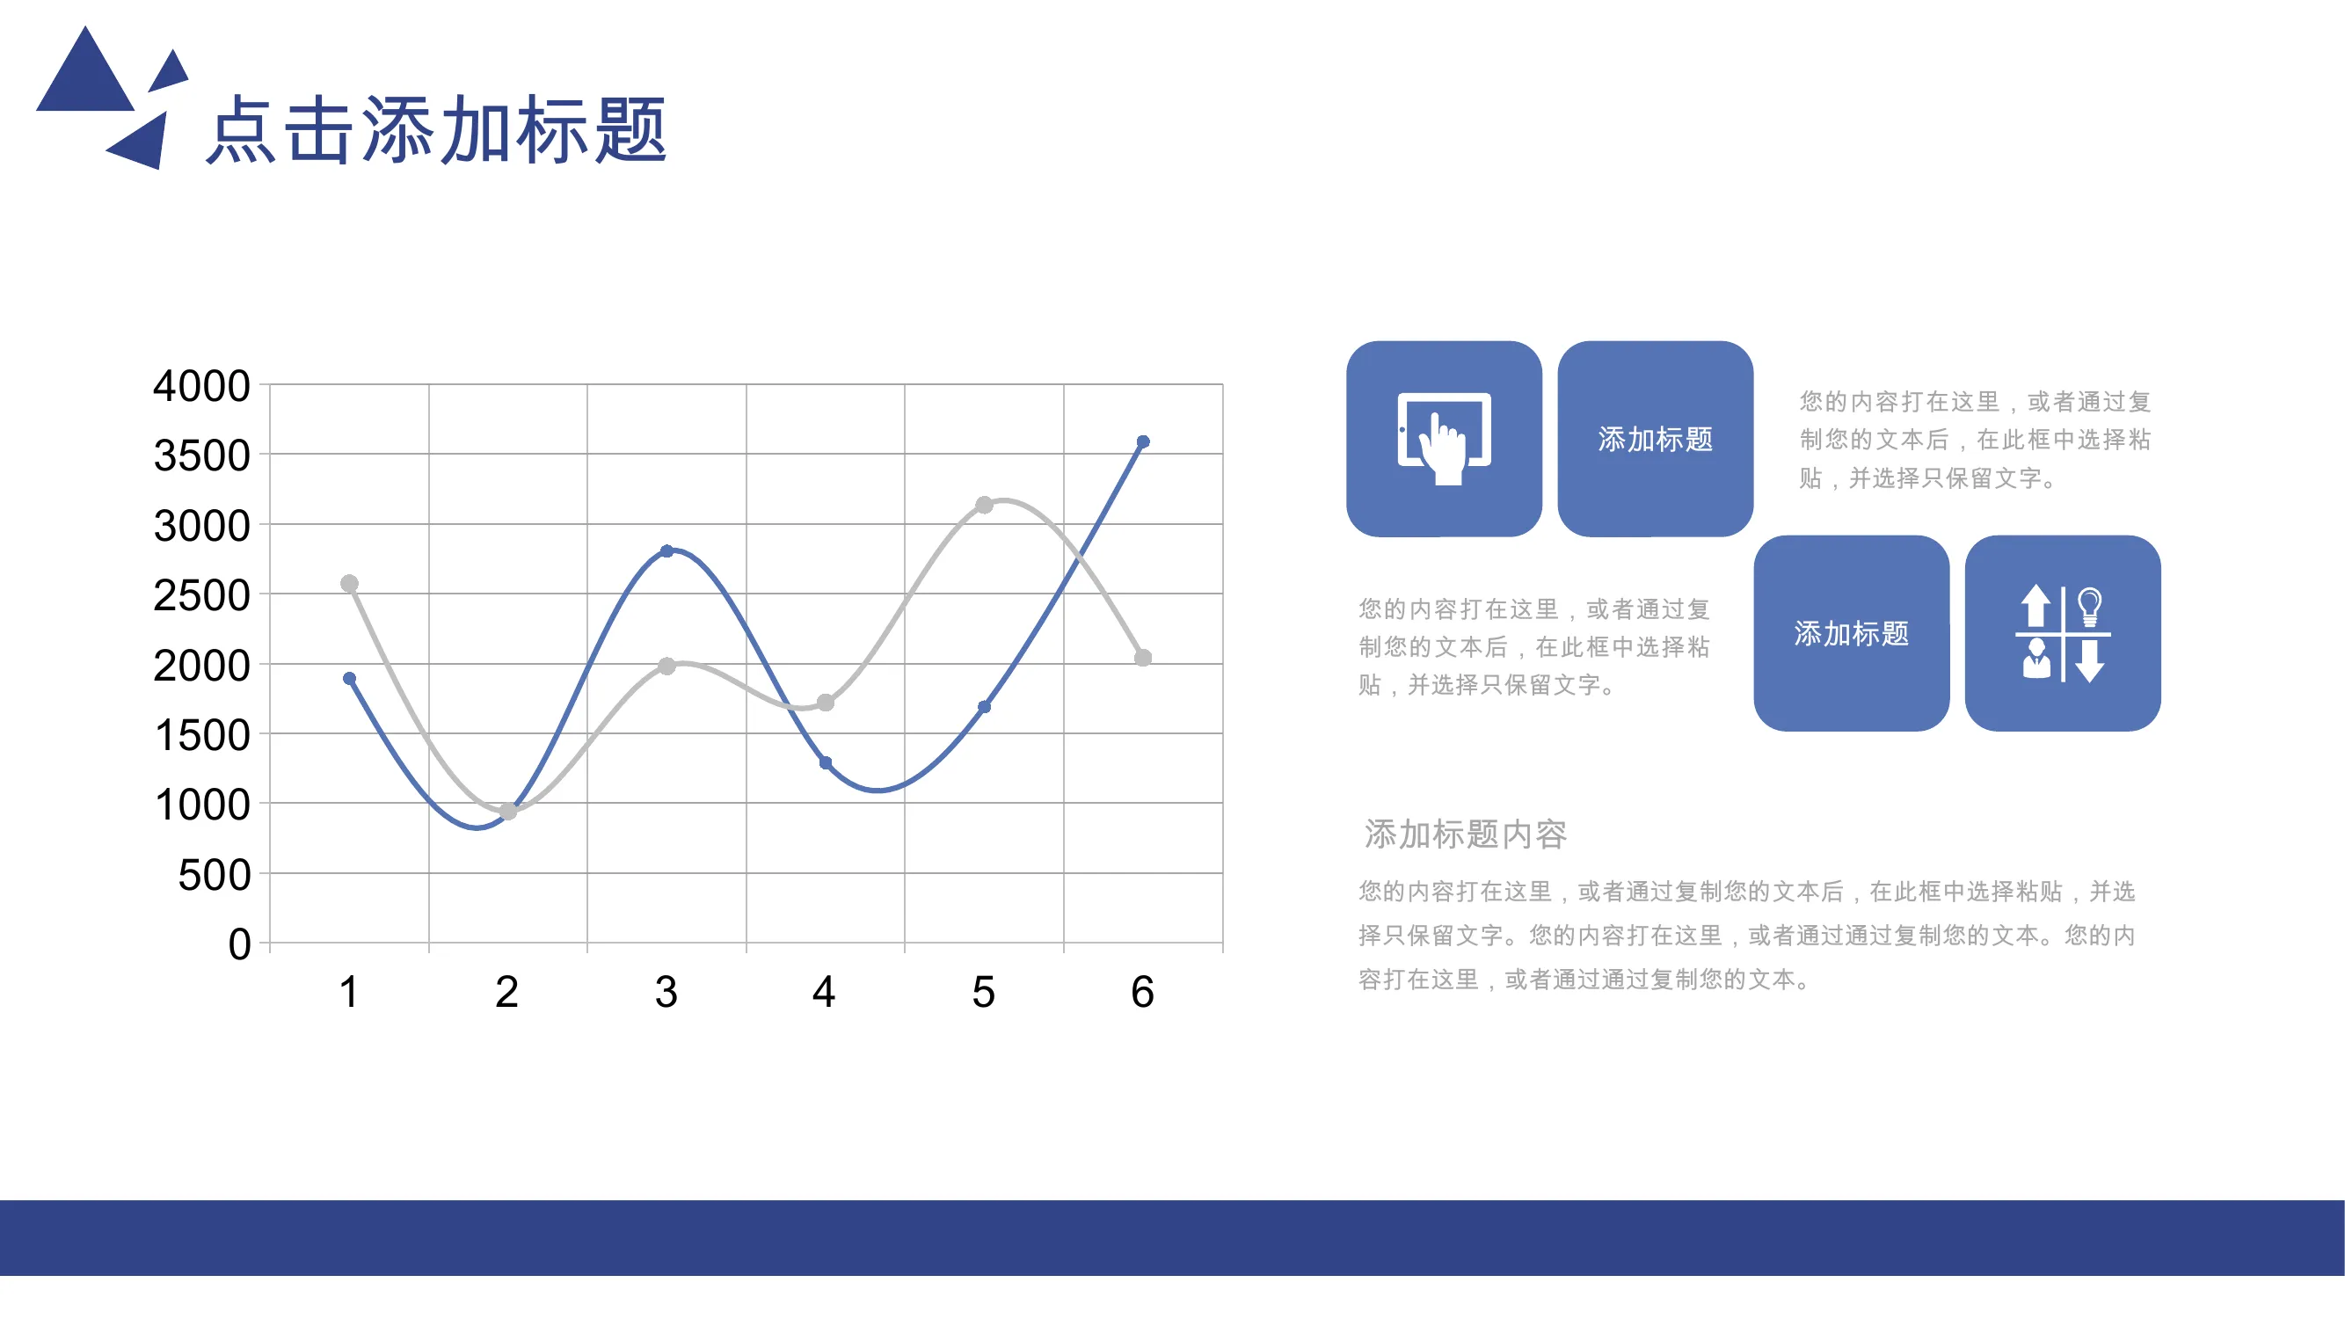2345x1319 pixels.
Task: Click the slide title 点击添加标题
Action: point(437,130)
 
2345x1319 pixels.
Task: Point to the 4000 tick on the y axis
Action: point(201,386)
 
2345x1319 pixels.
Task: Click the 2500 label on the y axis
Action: point(201,595)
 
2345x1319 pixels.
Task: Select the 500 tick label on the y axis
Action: point(214,875)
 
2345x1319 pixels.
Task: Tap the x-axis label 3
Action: point(666,991)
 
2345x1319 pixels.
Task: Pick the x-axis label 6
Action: point(1142,991)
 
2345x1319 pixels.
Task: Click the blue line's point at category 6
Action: point(1143,441)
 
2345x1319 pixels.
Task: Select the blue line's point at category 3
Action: point(666,550)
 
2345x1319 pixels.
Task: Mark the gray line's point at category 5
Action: point(984,504)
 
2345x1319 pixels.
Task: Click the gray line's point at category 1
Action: point(350,583)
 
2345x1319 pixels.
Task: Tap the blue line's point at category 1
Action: point(350,678)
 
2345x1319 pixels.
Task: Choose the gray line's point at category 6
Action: point(1143,657)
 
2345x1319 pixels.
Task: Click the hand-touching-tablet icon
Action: point(1445,439)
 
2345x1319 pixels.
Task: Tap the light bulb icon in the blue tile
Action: point(2090,606)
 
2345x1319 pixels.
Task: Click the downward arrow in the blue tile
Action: point(2090,661)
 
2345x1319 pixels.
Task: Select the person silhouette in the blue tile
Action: point(2036,659)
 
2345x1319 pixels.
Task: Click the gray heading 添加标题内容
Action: point(1466,834)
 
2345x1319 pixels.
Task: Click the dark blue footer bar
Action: point(1173,1238)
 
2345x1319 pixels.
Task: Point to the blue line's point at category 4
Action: point(826,762)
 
